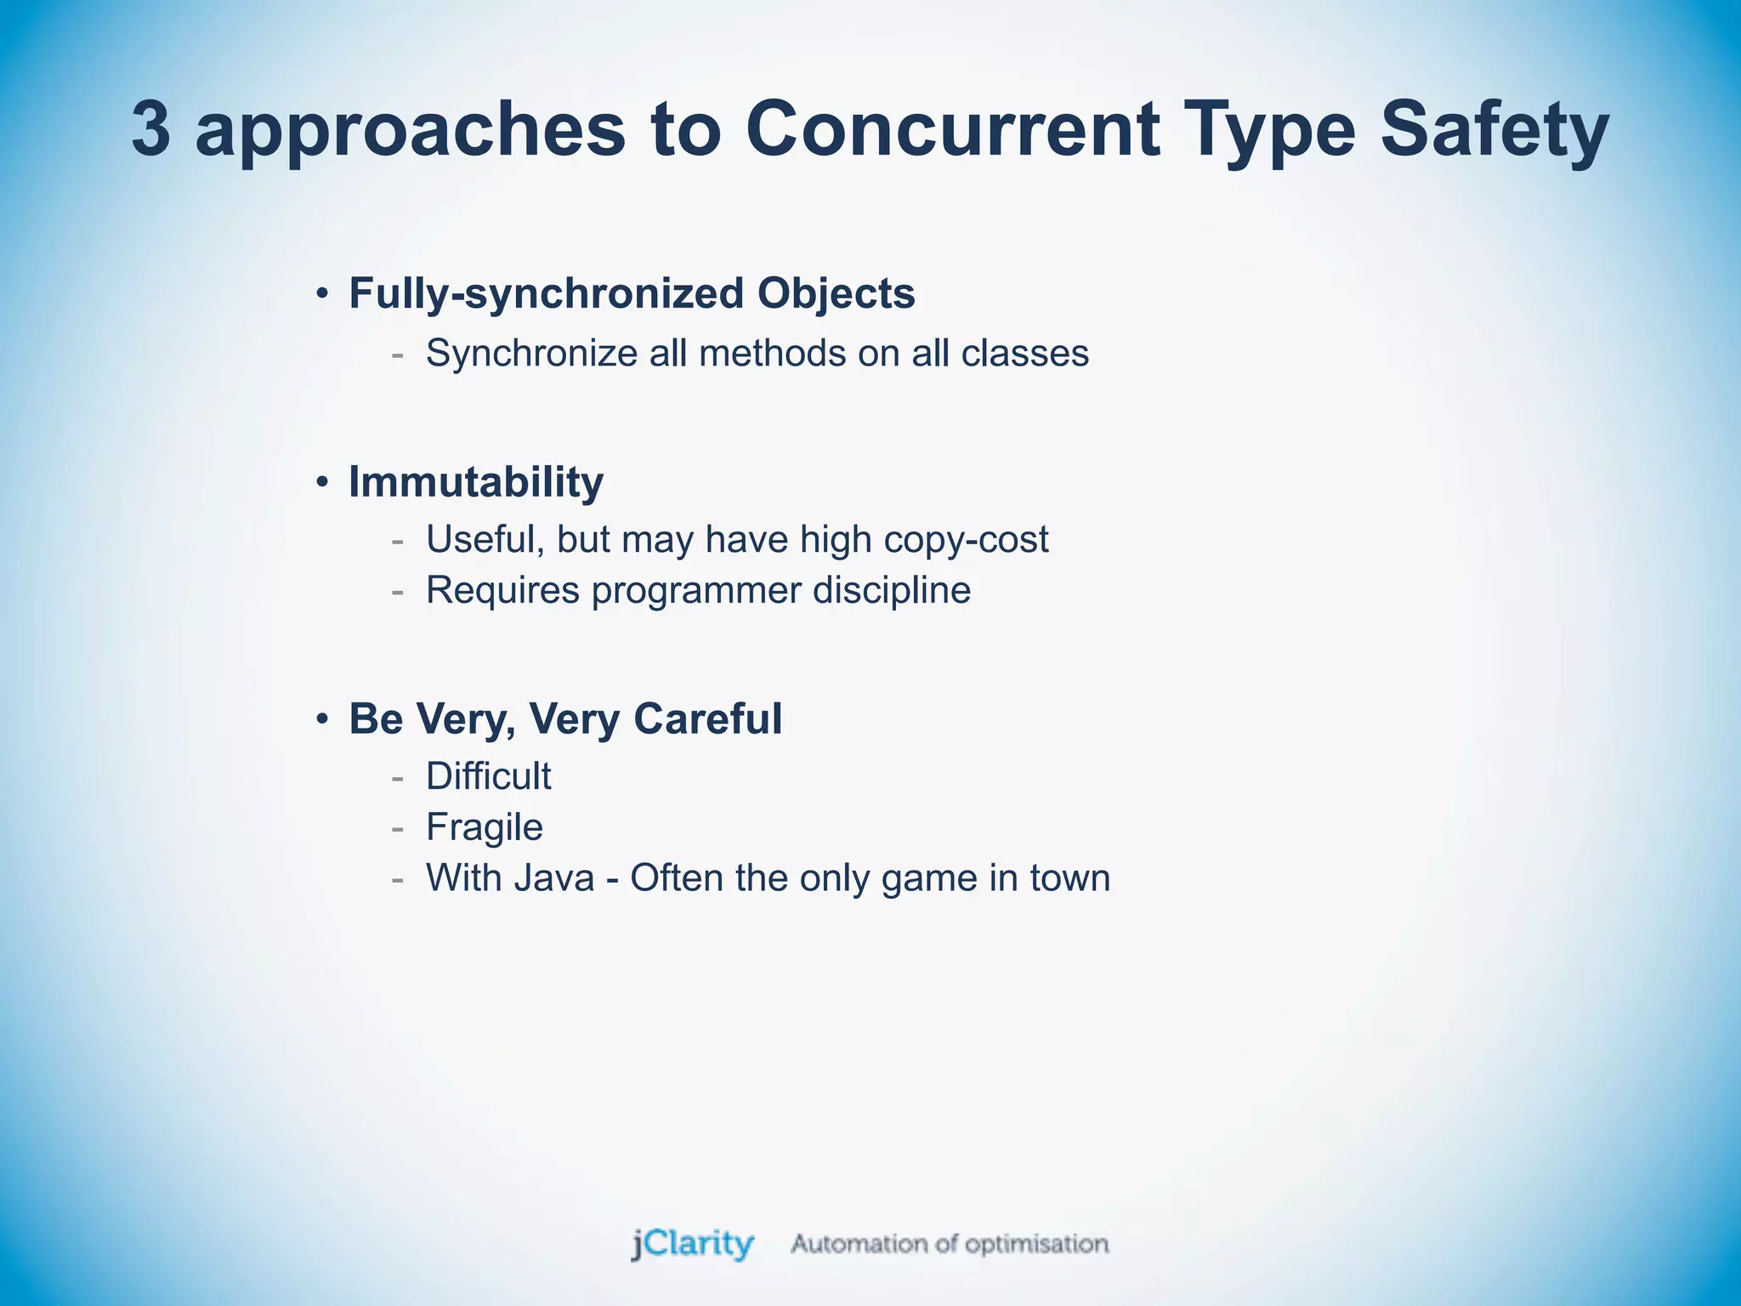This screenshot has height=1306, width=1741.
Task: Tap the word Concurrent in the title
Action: pyautogui.click(x=953, y=129)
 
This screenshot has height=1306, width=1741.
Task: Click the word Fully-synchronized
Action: pyautogui.click(x=546, y=294)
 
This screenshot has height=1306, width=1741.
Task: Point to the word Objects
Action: pyautogui.click(x=836, y=294)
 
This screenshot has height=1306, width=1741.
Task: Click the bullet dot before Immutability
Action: pyautogui.click(x=321, y=483)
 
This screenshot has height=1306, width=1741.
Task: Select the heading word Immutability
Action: pyautogui.click(x=476, y=482)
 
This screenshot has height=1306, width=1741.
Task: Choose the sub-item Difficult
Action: pyautogui.click(x=488, y=776)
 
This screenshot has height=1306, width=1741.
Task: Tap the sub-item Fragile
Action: pyautogui.click(x=484, y=827)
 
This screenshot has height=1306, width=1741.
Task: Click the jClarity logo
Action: pyautogui.click(x=692, y=1244)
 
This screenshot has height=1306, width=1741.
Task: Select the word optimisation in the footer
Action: pyautogui.click(x=1036, y=1245)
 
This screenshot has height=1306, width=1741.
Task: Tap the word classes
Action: pyautogui.click(x=1025, y=354)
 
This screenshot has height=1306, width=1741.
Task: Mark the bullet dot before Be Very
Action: pyautogui.click(x=321, y=720)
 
